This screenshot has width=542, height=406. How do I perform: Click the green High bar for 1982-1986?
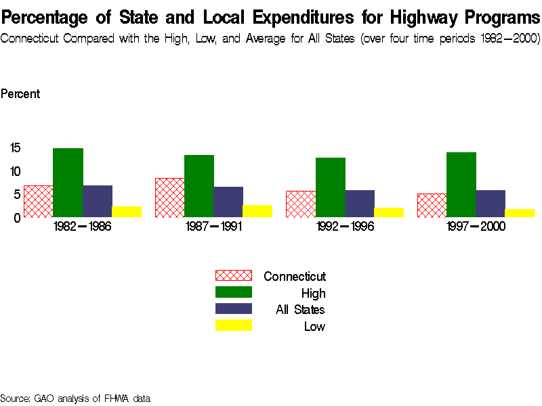tap(68, 183)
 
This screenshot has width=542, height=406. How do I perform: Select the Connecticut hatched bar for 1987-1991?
tap(169, 198)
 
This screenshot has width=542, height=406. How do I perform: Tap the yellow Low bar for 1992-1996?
tap(389, 212)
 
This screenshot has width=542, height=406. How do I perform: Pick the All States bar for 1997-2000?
tap(491, 204)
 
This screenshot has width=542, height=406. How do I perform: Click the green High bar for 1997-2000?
tap(461, 185)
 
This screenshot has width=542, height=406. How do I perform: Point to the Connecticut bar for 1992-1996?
tap(301, 204)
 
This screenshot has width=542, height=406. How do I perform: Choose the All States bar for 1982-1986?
tap(98, 201)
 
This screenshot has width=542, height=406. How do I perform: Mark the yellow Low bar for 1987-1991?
tap(257, 211)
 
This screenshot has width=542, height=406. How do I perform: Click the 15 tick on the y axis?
tap(16, 148)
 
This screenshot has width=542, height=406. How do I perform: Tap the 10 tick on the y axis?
tap(16, 171)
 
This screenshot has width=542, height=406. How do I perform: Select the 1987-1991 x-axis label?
tap(213, 227)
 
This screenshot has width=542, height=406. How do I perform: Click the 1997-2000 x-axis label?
tap(476, 227)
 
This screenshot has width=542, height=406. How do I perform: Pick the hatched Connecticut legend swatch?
tap(233, 275)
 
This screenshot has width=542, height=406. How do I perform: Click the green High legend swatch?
tap(233, 292)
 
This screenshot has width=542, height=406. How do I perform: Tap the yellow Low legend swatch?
tap(233, 325)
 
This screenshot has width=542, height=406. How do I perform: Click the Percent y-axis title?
tap(20, 94)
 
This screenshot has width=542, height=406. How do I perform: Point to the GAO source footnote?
tap(75, 399)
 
